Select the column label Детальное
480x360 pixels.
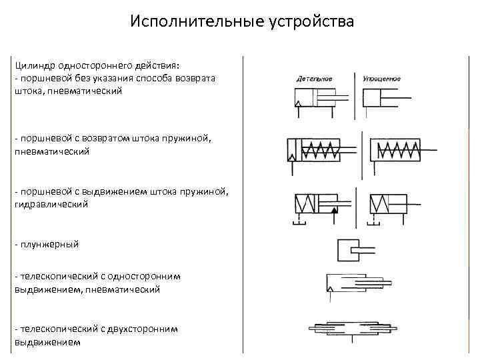314,79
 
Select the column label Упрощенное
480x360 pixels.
381,79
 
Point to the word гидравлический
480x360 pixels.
51,204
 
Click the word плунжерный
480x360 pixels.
49,244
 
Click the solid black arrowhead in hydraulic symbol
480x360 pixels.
335,211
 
